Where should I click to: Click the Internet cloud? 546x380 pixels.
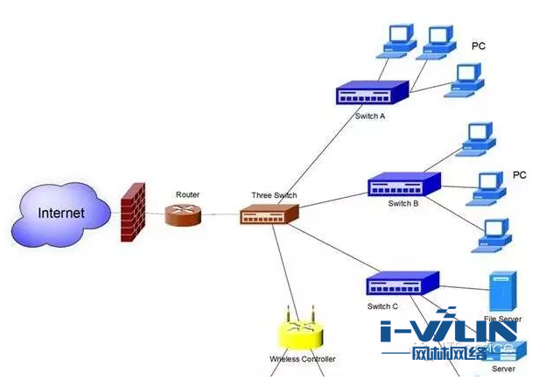[61, 213]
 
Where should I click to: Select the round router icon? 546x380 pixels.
[184, 215]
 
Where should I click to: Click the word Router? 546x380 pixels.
[188, 194]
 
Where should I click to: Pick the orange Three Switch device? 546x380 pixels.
[269, 213]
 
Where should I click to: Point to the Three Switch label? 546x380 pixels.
[274, 195]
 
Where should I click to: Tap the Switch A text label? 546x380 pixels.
[370, 116]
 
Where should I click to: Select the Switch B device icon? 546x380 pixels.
[403, 184]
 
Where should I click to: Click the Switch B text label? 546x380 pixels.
[403, 203]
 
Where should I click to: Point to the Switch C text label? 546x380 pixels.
[382, 306]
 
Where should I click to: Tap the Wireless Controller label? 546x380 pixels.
[303, 359]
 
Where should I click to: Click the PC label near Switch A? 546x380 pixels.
[479, 46]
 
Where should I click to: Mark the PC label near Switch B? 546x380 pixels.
[520, 175]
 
